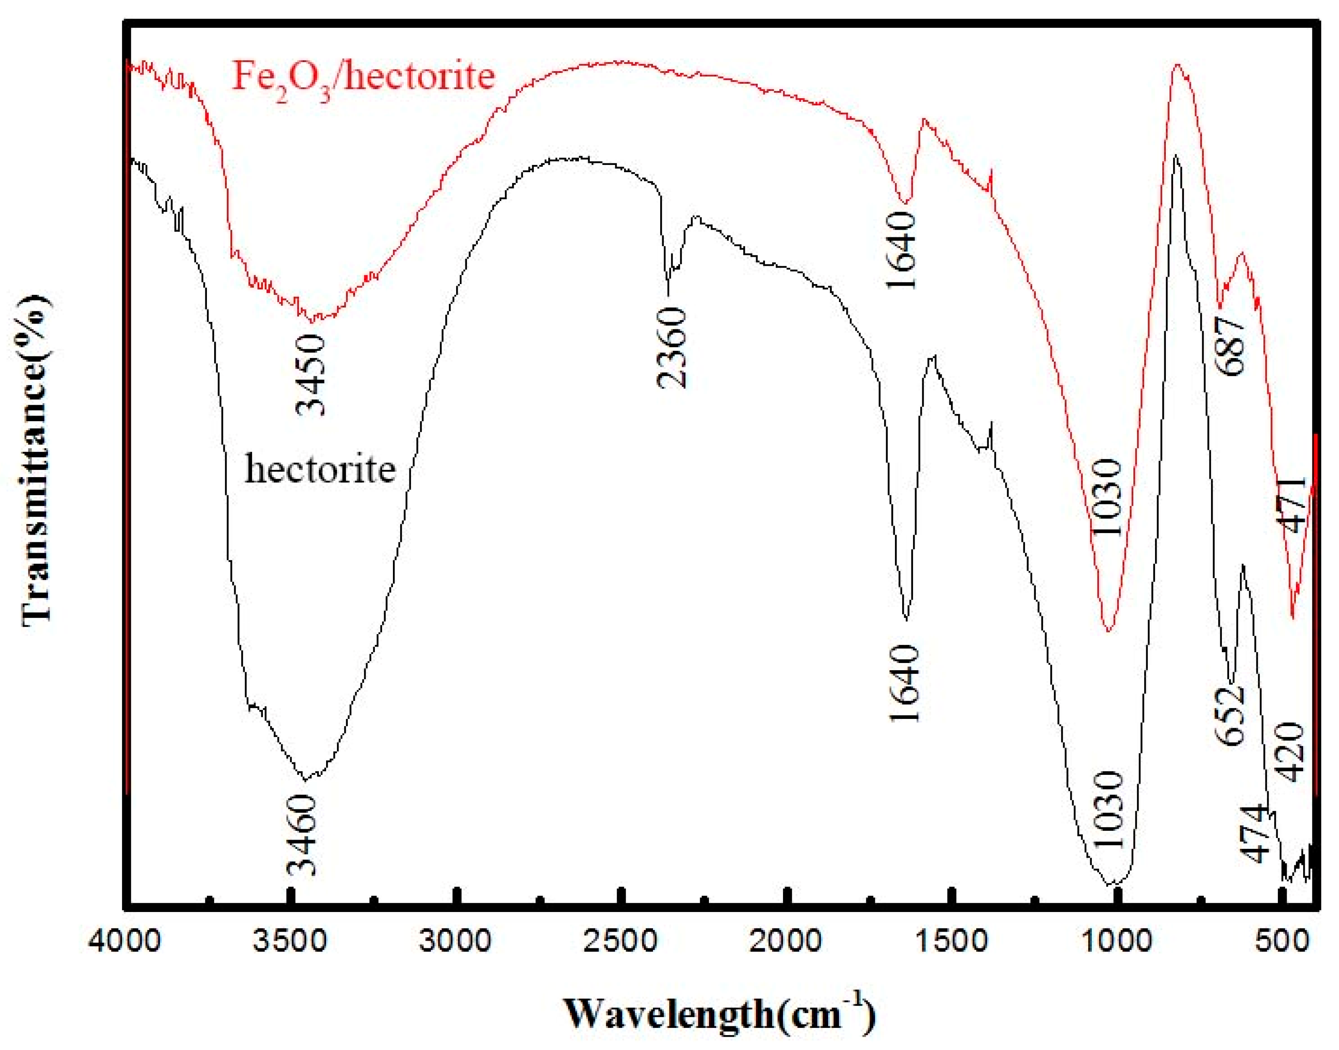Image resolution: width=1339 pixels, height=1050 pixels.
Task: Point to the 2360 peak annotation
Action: [x=671, y=348]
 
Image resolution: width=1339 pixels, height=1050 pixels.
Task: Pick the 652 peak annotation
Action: [x=1230, y=716]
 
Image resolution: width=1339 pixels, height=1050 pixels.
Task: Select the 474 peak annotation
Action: [x=1255, y=833]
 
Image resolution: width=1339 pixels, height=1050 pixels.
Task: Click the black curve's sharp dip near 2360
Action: [x=668, y=294]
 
